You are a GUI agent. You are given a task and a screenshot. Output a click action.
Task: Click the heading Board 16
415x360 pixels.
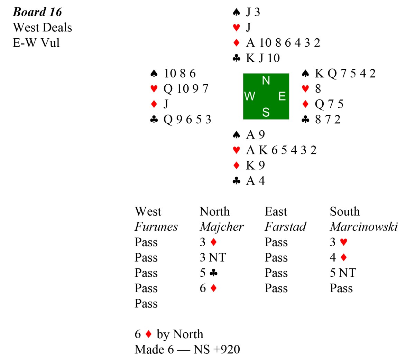point(37,12)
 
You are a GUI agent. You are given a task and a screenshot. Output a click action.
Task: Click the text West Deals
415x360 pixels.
point(43,27)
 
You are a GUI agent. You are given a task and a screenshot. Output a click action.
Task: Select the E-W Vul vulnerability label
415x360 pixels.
point(36,43)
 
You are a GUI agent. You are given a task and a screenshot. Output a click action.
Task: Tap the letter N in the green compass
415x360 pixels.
point(266,80)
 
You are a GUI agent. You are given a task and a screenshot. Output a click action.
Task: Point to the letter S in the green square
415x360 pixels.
point(266,112)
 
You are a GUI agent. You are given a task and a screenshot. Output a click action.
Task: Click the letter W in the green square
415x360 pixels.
point(250,96)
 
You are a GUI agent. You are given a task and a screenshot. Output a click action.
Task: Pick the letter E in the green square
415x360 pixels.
point(282,96)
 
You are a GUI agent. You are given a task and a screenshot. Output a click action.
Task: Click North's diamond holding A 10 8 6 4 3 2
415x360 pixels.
point(283,43)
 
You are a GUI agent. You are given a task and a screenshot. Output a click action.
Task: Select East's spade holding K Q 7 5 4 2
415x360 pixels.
point(345,73)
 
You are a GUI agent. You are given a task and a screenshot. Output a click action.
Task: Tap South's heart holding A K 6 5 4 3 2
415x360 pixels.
point(281,150)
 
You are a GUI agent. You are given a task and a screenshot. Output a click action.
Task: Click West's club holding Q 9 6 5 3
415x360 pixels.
point(187,119)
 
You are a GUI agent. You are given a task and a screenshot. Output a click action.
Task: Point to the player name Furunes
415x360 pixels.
point(156,227)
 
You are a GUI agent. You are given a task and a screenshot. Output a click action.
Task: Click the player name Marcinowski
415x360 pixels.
point(364,227)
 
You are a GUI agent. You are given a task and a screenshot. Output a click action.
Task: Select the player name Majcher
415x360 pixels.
point(221,227)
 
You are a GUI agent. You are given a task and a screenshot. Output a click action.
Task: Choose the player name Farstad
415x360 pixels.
point(285,227)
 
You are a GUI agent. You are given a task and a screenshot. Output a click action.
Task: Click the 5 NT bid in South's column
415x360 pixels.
point(343,273)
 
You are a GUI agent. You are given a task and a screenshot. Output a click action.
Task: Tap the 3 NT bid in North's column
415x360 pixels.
point(213,257)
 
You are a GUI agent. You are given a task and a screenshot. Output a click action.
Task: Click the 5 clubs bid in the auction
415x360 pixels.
point(209,273)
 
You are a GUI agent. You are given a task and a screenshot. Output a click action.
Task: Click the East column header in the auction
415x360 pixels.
point(276,211)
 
